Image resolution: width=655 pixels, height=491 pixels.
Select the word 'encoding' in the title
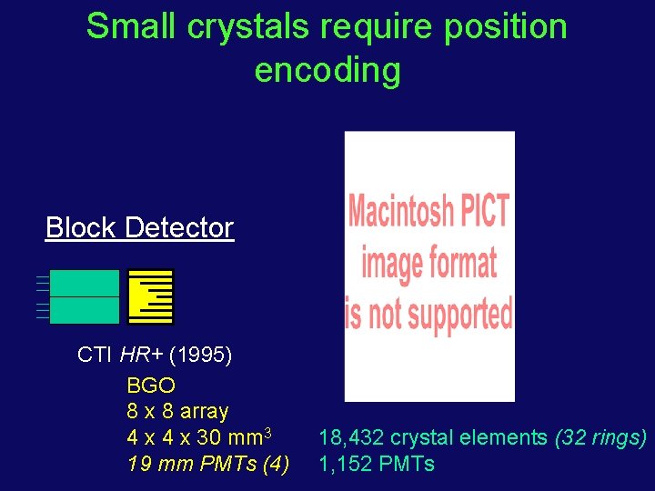[x=327, y=70]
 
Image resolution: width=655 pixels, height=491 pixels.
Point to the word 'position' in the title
[x=505, y=27]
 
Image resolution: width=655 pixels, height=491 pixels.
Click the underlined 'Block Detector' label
[x=139, y=227]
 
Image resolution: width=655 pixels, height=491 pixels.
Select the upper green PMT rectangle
[x=84, y=283]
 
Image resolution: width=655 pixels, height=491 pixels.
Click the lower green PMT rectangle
[x=84, y=310]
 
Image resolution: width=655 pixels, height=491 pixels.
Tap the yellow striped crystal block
[x=150, y=296]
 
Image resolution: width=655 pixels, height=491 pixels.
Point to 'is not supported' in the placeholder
[x=428, y=313]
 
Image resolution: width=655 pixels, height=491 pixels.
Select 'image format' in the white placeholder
[x=428, y=263]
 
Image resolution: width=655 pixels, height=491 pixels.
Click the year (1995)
[x=200, y=355]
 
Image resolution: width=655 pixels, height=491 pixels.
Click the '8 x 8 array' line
[x=177, y=411]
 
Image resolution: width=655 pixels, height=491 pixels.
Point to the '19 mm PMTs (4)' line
[x=207, y=465]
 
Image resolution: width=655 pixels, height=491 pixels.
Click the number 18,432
[x=348, y=438]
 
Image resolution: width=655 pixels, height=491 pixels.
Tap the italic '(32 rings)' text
[x=600, y=438]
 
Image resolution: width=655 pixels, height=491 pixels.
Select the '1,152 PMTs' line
[x=376, y=465]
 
